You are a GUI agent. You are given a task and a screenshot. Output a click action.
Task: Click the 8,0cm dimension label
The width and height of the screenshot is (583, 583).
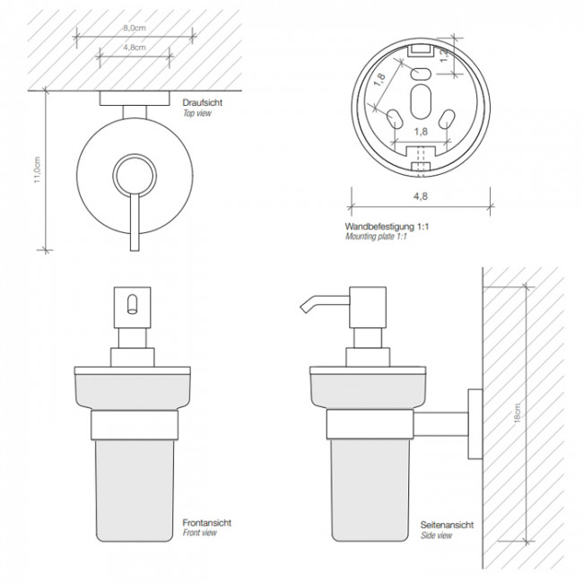pos(135,28)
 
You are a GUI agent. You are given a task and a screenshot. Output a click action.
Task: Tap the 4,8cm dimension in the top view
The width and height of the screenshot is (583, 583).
pos(135,48)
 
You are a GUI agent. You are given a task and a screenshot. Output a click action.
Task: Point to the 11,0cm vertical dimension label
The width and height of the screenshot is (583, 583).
pos(37,170)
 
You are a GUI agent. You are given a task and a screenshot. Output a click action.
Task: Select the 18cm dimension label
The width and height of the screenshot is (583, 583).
pos(517,413)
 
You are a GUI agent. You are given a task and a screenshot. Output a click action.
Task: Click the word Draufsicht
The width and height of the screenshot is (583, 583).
pos(203,102)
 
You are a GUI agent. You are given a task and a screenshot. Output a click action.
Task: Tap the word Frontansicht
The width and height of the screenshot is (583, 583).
pos(206,523)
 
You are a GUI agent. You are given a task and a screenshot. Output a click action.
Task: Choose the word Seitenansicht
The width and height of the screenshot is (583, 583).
pos(447,525)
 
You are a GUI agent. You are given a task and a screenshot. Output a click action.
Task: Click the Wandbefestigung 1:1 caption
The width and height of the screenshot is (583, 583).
pos(387,226)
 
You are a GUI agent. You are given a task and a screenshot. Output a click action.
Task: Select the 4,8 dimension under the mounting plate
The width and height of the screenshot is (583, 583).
pos(421,196)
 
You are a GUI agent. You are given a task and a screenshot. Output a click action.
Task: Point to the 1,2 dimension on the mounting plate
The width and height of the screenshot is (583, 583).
pos(444,55)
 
